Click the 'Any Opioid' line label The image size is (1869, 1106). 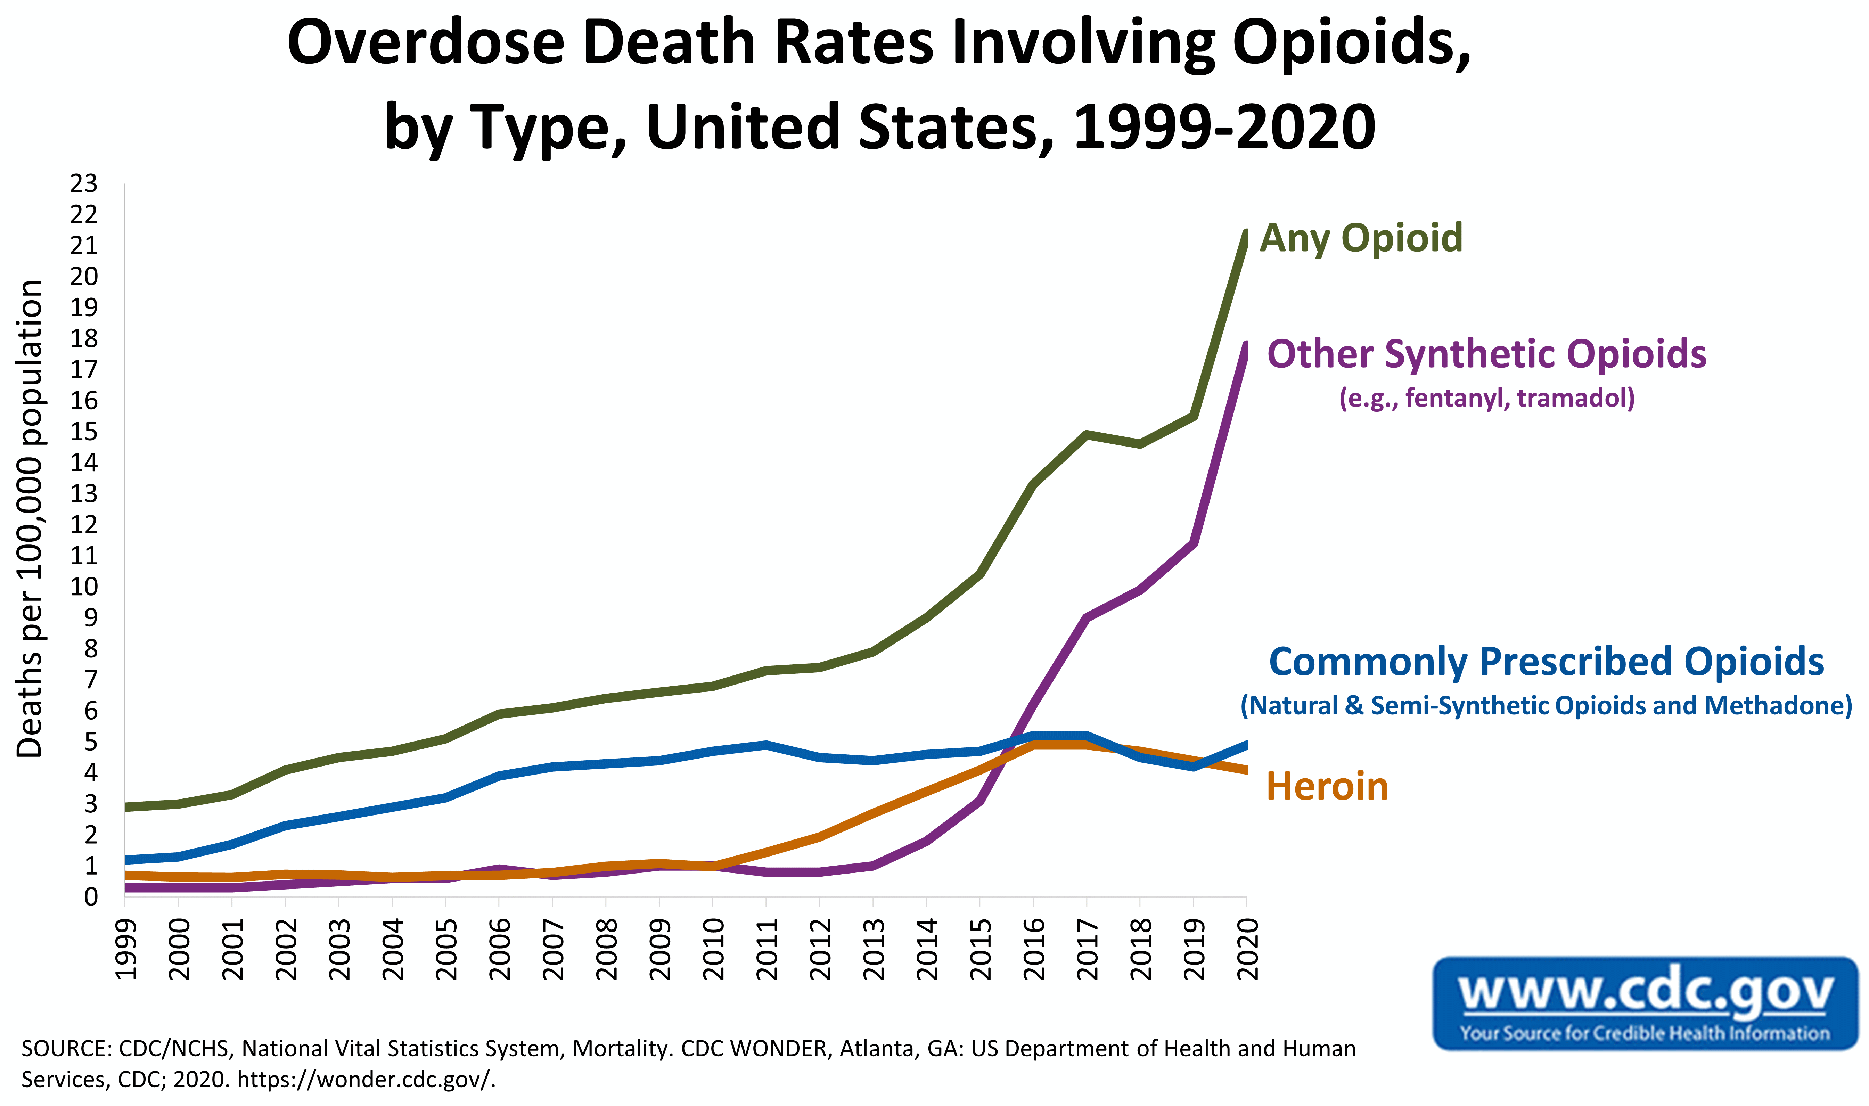click(1361, 238)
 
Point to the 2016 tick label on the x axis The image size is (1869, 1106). click(1034, 949)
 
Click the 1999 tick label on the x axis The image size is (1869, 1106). click(125, 949)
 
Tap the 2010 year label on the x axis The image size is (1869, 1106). click(713, 949)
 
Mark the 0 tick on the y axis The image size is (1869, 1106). click(91, 896)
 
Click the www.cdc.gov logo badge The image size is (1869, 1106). click(1646, 1003)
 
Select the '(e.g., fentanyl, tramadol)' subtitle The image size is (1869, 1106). click(1487, 398)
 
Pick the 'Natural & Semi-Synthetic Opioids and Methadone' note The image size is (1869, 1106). click(1546, 705)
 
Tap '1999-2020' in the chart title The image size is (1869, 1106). click(1224, 127)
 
